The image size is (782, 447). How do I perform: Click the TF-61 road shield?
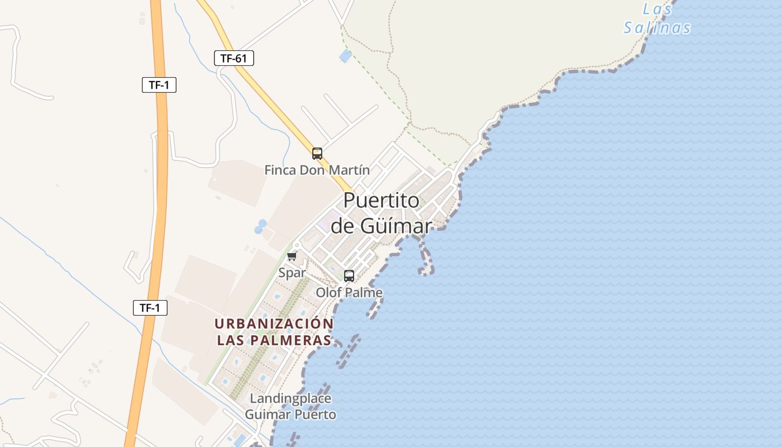coord(233,58)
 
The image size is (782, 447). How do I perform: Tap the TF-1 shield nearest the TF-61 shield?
coord(159,85)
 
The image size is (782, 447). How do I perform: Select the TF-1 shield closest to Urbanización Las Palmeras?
coord(150,307)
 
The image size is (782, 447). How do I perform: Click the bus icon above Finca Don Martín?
coord(317,153)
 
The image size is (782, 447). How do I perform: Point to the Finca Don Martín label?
coord(317,170)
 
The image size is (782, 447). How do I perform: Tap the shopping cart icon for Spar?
coord(292,256)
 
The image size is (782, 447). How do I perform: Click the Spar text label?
coord(292,273)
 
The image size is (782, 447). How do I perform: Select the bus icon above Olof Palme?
coord(349,275)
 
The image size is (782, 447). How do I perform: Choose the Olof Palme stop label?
coord(349,292)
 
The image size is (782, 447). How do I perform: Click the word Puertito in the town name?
coord(381,200)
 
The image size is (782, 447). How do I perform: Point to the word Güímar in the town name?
coord(396,226)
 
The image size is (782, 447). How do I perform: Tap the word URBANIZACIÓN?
coord(274,324)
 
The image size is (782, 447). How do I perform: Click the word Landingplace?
coord(290,398)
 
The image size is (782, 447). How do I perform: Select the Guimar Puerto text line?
coord(290,415)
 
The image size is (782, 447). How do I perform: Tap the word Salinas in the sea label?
coord(657,28)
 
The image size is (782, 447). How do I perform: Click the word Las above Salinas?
coord(657,9)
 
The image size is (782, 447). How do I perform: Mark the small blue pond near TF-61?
coord(346,55)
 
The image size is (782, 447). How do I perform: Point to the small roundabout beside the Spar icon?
coord(297,245)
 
